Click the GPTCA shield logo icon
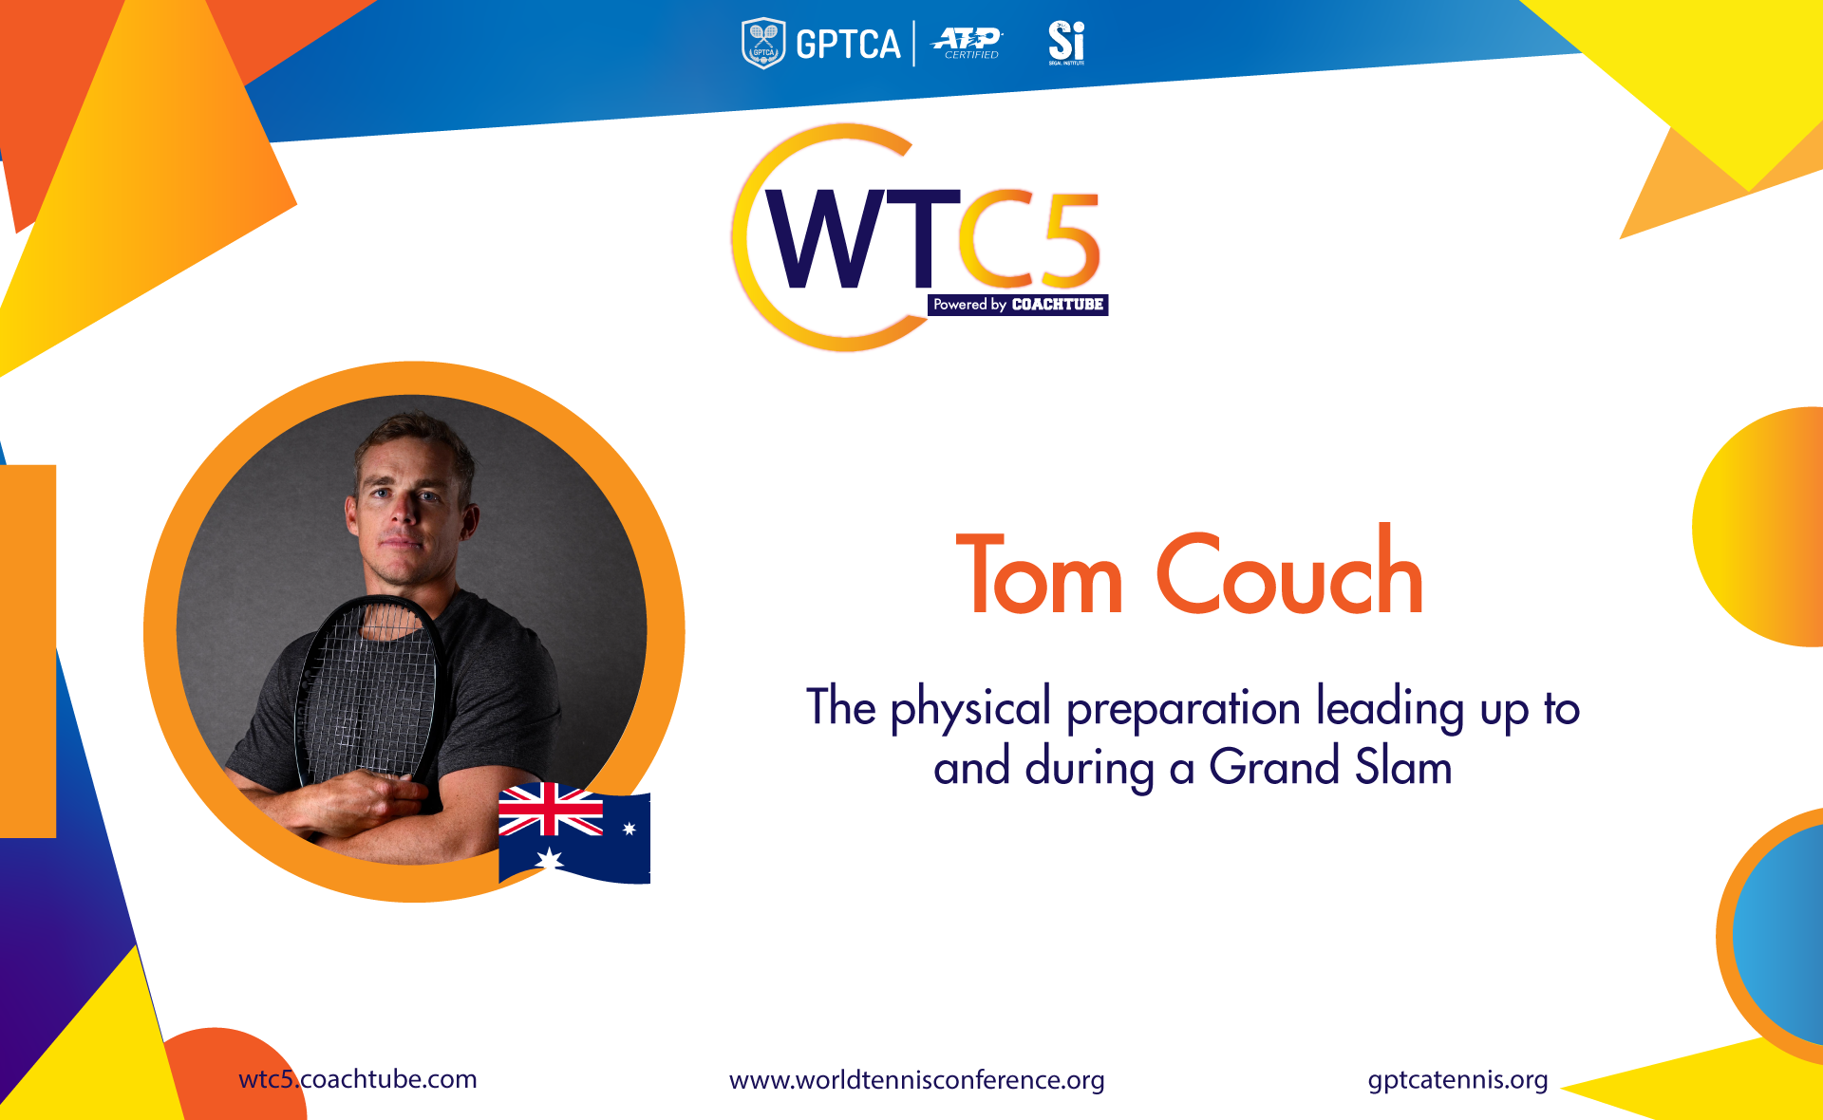coord(763,44)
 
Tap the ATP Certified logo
coord(968,43)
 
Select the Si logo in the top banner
coord(1066,43)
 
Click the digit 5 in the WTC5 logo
coord(1068,239)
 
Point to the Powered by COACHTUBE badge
coord(1018,305)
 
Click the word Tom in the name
coord(1040,574)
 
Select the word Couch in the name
coord(1289,569)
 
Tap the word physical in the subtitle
coord(970,709)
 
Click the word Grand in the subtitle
coord(1274,767)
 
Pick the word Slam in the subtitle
coord(1403,766)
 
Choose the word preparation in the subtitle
coord(1183,710)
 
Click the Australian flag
coord(574,833)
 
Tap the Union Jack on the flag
coord(551,810)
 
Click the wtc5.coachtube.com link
coord(358,1080)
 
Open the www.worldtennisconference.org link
coord(917,1081)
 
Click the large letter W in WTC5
coord(828,238)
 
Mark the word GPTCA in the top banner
coord(848,45)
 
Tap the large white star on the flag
coord(550,860)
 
